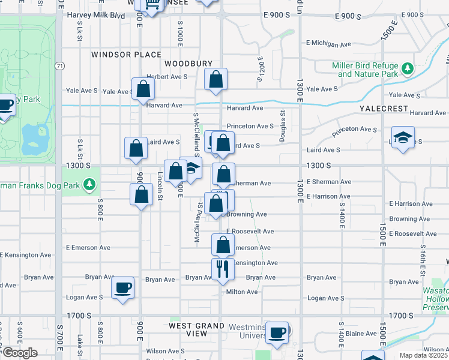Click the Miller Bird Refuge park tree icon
408,69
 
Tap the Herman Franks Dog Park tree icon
89,184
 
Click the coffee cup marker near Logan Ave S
122,288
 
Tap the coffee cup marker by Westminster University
277,332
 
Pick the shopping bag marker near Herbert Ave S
216,79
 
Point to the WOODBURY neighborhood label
188,64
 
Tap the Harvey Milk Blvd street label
96,15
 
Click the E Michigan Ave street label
328,44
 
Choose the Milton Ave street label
242,292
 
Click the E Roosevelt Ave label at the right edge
412,233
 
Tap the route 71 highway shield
59,66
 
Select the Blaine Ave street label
361,334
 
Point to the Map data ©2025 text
423,355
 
